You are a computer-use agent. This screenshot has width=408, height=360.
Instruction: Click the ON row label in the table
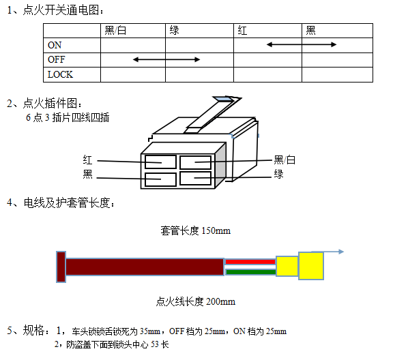pos(55,45)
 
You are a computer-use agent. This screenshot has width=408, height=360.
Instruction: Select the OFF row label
pos(56,59)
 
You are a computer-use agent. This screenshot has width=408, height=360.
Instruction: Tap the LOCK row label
pos(60,74)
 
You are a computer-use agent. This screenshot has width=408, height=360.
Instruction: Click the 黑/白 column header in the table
pos(115,31)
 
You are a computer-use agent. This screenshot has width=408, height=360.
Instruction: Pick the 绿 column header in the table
pos(175,31)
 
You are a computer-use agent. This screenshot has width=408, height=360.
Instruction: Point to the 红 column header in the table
pos(242,31)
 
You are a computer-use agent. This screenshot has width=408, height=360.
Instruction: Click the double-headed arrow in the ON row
pos(302,45)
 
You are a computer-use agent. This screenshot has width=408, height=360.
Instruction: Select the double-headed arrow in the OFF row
pos(166,59)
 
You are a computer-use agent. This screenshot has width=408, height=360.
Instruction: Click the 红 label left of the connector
pos(88,160)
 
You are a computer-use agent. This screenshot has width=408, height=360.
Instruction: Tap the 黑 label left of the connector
pos(88,174)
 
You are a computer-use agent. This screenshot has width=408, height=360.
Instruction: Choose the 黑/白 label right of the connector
pos(285,160)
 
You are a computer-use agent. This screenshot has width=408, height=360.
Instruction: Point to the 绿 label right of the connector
pos(278,174)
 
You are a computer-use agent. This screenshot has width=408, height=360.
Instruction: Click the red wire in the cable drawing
pos(250,262)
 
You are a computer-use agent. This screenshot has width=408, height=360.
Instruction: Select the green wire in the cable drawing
pos(251,272)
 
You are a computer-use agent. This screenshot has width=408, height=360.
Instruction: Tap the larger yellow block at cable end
pos(311,266)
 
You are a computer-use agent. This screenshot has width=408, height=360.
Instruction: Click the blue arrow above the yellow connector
pos(328,252)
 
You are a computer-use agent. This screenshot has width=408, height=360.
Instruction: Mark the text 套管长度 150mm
pos(195,230)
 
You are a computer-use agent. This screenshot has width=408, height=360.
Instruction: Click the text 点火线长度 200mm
pos(196,302)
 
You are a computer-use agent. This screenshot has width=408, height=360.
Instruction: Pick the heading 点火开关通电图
pos(61,10)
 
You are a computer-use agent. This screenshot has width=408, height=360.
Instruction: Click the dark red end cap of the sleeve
pos(61,267)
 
